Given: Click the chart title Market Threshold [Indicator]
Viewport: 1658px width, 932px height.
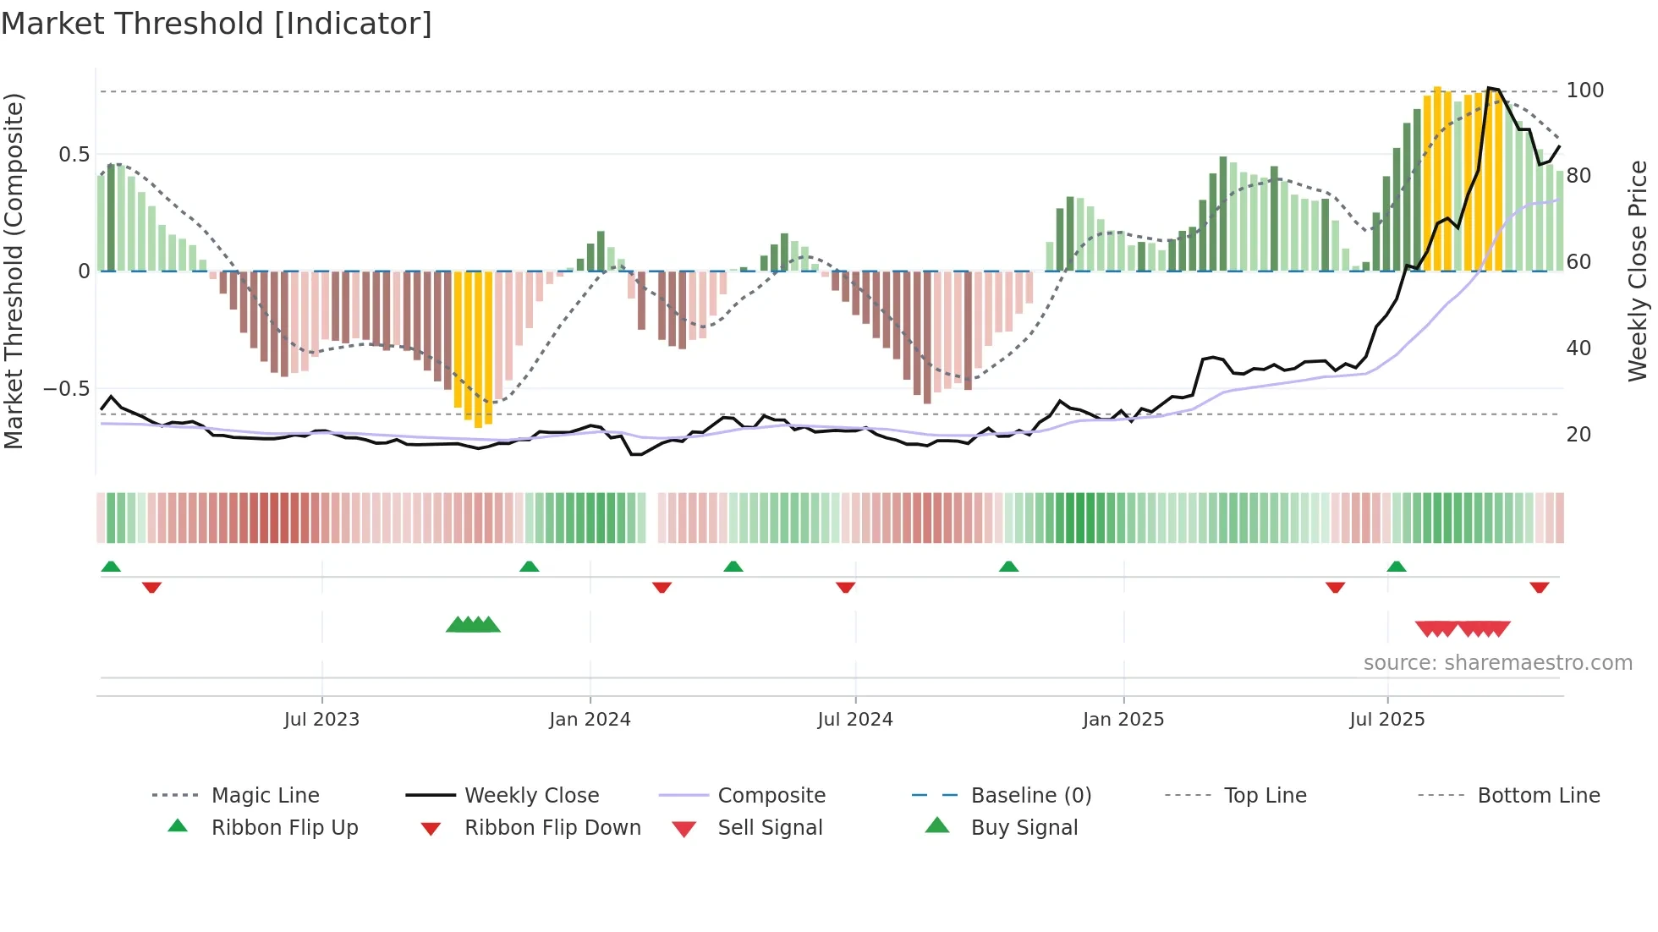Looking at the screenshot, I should coord(217,24).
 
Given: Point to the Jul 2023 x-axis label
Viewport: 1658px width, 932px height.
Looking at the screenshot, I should coord(321,720).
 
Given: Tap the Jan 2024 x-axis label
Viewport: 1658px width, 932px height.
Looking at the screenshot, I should coord(590,720).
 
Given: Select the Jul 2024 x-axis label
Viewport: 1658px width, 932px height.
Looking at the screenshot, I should coord(855,720).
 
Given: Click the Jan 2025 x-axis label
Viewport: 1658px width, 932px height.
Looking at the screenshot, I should coord(1123,720).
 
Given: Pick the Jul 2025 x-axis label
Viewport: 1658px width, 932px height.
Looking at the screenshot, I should coord(1387,720).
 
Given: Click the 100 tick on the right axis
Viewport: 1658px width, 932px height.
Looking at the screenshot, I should coord(1585,90).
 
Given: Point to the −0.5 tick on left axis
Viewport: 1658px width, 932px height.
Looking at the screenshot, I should coord(66,389).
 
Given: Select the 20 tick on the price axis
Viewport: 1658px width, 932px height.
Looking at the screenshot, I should coord(1578,435).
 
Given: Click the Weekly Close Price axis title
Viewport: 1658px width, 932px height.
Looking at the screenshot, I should coord(1638,271).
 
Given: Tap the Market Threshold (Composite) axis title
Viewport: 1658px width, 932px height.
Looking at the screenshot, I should coord(14,271).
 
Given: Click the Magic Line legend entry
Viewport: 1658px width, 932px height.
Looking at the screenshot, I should coord(265,796).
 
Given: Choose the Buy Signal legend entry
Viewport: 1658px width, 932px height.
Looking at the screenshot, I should coord(1024,828).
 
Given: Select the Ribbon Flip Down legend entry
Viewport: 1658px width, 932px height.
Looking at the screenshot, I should coord(552,828).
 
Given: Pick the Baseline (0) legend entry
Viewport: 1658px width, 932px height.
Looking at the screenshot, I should coord(1030,796).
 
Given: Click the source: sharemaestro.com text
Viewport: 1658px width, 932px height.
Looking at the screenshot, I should coord(1497,663).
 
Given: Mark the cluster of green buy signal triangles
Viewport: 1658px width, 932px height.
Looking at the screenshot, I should coord(473,625).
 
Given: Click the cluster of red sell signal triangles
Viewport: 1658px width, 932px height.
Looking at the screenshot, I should coord(1463,628).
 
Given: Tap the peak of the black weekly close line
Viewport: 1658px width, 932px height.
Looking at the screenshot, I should coord(1490,88).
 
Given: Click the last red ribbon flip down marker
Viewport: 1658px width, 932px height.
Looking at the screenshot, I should coord(1540,587).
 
